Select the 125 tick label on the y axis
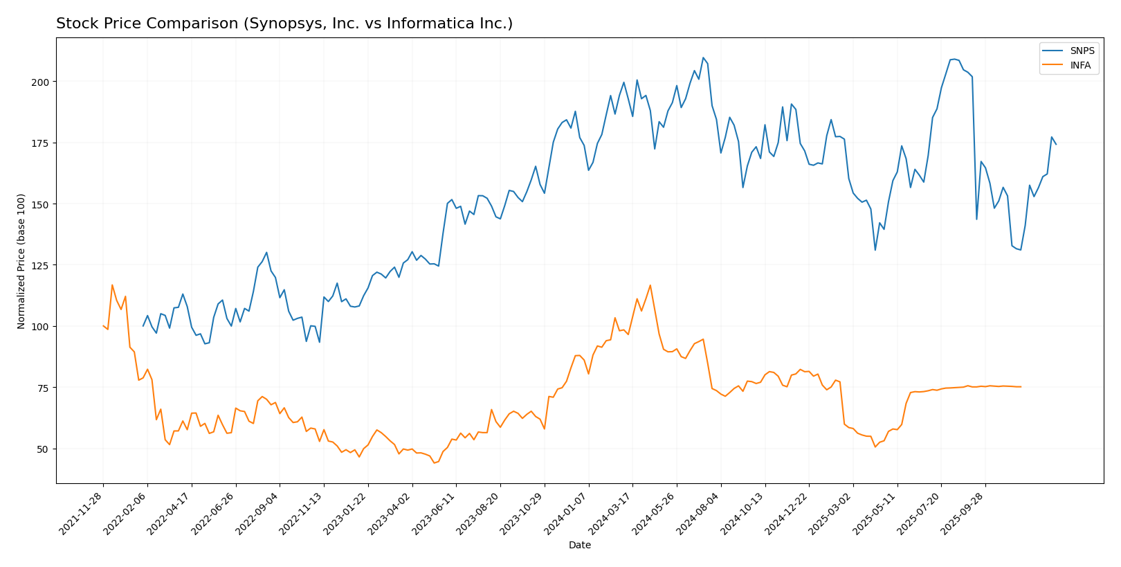pyautogui.click(x=42, y=265)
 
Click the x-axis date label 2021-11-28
pyautogui.click(x=82, y=513)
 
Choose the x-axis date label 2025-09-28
pyautogui.click(x=964, y=513)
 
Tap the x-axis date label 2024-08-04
pyautogui.click(x=699, y=513)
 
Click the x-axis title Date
pyautogui.click(x=580, y=546)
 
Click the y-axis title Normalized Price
pyautogui.click(x=21, y=261)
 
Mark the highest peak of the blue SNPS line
pyautogui.click(x=703, y=57)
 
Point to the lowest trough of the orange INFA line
pyautogui.click(x=434, y=462)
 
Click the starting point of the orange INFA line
pyautogui.click(x=103, y=325)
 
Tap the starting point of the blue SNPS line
pyautogui.click(x=143, y=326)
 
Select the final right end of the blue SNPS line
pyautogui.click(x=1056, y=145)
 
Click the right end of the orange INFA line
pyautogui.click(x=1021, y=387)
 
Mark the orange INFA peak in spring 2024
pyautogui.click(x=650, y=285)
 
